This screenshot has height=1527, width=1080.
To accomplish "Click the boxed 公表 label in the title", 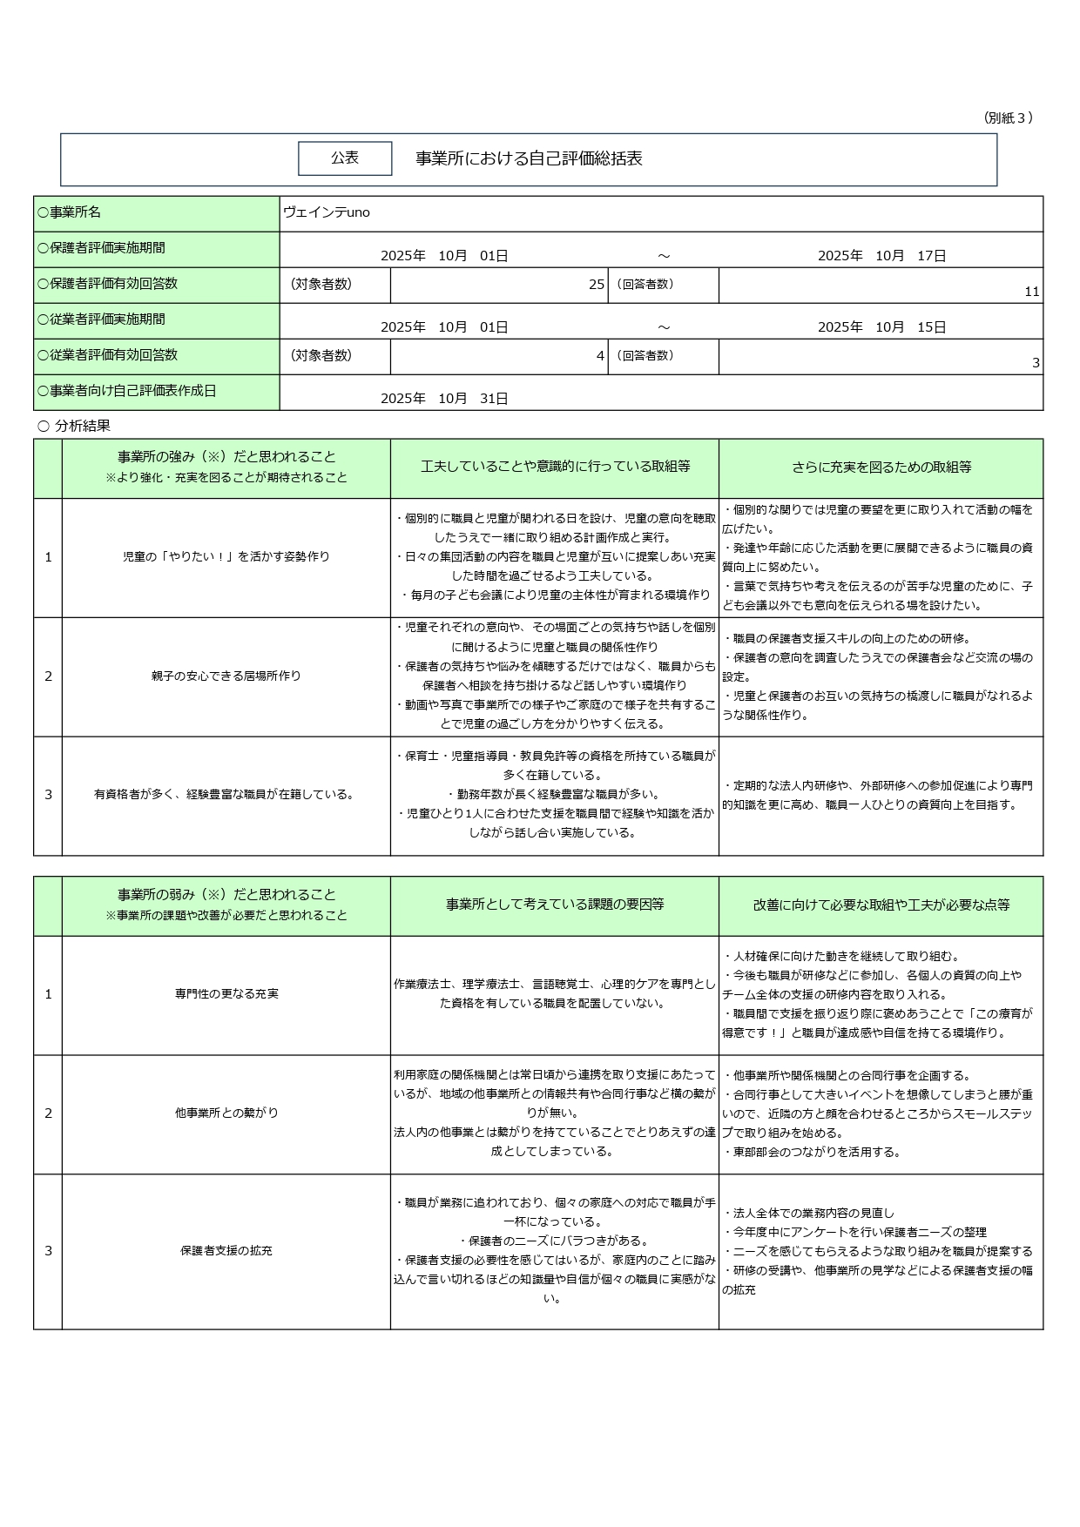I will pyautogui.click(x=345, y=158).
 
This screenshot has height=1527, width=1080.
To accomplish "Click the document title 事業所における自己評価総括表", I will pyautogui.click(x=529, y=158).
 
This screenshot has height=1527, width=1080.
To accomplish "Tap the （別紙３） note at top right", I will pyautogui.click(x=1008, y=118).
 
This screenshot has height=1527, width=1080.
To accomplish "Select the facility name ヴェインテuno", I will pyautogui.click(x=327, y=212).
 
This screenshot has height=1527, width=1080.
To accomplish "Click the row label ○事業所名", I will pyautogui.click(x=70, y=212).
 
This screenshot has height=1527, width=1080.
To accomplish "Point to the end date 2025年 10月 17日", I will pyautogui.click(x=881, y=256).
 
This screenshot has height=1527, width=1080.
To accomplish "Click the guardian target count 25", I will pyautogui.click(x=596, y=285).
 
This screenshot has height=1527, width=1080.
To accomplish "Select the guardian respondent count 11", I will pyautogui.click(x=1031, y=292).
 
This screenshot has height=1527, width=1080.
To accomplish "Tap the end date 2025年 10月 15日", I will pyautogui.click(x=881, y=327).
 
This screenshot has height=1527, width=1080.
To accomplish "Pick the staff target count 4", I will pyautogui.click(x=600, y=356).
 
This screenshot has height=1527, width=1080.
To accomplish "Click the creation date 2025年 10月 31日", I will pyautogui.click(x=444, y=399).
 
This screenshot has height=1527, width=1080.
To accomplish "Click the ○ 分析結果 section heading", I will pyautogui.click(x=74, y=426).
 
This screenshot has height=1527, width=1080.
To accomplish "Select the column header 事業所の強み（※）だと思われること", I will pyautogui.click(x=226, y=457).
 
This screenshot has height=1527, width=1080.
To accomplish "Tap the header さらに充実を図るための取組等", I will pyautogui.click(x=881, y=468).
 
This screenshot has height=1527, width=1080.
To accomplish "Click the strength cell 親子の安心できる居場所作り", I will pyautogui.click(x=226, y=676).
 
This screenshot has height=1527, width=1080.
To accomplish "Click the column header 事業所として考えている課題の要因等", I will pyautogui.click(x=555, y=905).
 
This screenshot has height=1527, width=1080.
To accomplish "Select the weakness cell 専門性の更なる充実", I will pyautogui.click(x=226, y=993).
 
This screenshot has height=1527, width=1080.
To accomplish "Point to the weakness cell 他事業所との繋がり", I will pyautogui.click(x=226, y=1113).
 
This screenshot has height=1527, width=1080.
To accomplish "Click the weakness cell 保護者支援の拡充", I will pyautogui.click(x=226, y=1250).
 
